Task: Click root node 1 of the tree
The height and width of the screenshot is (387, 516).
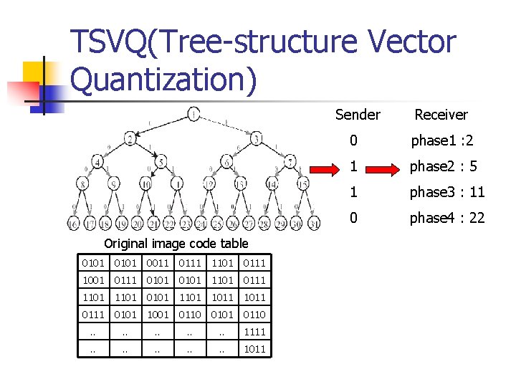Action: (x=193, y=113)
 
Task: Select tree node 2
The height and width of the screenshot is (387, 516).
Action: (x=130, y=138)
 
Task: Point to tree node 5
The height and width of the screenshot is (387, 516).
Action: (x=162, y=161)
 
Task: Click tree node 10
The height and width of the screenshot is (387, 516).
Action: (x=145, y=184)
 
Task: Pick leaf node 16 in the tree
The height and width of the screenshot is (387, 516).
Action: (x=73, y=224)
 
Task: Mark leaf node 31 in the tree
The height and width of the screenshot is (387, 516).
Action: (x=312, y=224)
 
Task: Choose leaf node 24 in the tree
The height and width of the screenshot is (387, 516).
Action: (x=201, y=224)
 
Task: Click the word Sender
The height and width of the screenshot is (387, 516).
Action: (x=358, y=115)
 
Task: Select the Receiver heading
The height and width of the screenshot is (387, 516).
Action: (x=441, y=115)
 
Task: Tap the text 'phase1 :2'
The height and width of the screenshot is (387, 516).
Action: (x=439, y=140)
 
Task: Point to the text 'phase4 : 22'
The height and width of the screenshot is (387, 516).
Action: (x=446, y=218)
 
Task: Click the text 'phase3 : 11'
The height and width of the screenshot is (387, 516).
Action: (x=446, y=192)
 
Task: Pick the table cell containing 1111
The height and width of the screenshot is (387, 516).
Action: (x=254, y=332)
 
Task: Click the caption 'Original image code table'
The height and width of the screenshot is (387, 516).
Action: (x=176, y=244)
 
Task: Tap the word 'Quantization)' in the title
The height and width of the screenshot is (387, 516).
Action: (x=164, y=79)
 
